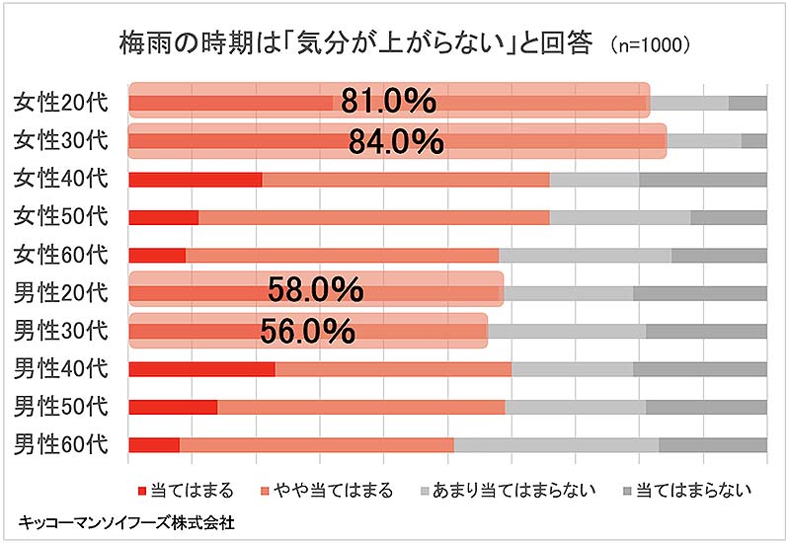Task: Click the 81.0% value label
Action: (x=389, y=102)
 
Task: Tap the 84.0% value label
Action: (x=396, y=141)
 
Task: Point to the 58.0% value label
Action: (x=316, y=290)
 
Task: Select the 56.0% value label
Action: (x=307, y=330)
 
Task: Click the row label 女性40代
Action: (x=60, y=179)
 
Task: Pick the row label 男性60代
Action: (x=60, y=444)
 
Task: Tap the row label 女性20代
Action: (x=60, y=102)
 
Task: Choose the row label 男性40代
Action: (x=60, y=368)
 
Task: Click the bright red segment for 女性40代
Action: (x=196, y=179)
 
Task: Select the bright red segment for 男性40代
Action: (x=201, y=368)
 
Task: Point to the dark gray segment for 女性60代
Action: (x=719, y=255)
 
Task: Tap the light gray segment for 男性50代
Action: (x=575, y=406)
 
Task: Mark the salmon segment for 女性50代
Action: (x=373, y=216)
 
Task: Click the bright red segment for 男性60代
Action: (x=154, y=444)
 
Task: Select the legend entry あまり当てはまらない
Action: (x=503, y=490)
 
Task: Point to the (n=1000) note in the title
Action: (x=650, y=44)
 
